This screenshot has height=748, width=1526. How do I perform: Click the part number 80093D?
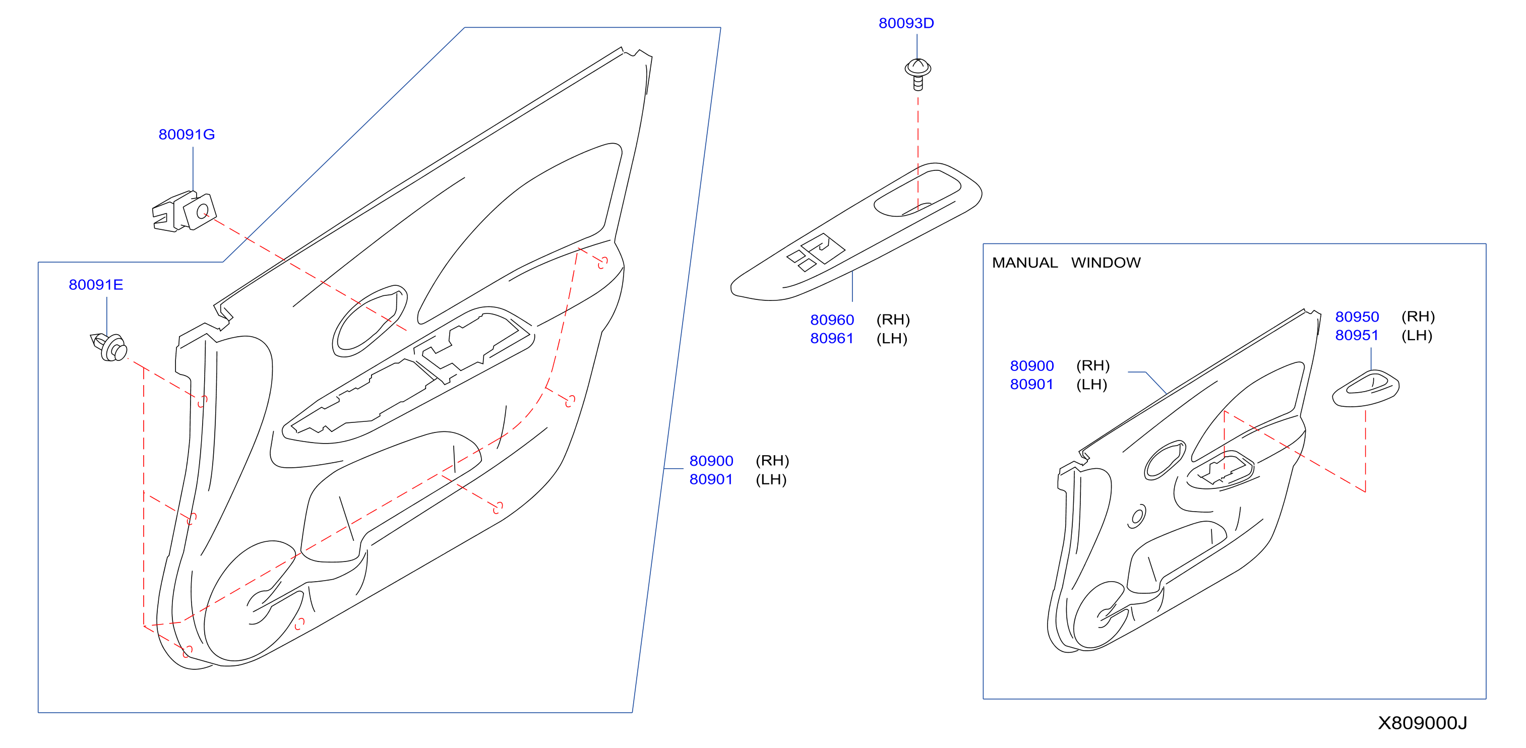tap(906, 23)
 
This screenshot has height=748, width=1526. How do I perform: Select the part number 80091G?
tap(187, 135)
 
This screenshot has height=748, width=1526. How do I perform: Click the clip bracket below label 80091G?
tap(184, 211)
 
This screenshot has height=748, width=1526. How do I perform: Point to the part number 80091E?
tap(96, 285)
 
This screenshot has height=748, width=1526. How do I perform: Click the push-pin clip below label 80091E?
tap(109, 347)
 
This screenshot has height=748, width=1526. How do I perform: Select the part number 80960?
tap(832, 320)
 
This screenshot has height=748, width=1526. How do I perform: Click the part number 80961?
tap(832, 338)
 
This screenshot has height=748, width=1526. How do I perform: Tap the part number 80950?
tap(1357, 317)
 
